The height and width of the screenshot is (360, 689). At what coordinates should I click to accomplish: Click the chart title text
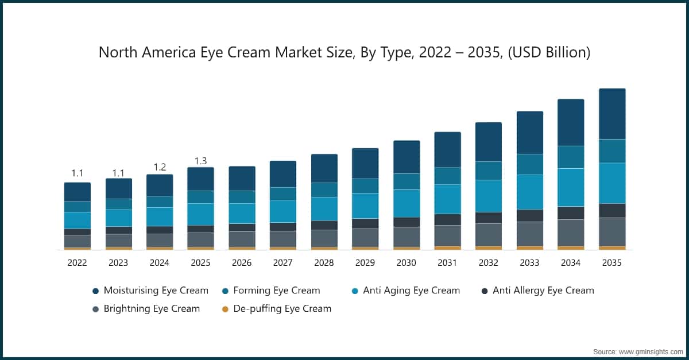tap(344, 52)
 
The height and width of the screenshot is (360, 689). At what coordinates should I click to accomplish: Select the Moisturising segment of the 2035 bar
tap(612, 114)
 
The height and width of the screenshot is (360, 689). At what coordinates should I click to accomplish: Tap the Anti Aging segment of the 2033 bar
tap(529, 192)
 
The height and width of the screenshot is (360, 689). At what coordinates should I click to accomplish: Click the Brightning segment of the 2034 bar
tap(571, 233)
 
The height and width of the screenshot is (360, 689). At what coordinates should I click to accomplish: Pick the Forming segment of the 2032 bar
tap(488, 171)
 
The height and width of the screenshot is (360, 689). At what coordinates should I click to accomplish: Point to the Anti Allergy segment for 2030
tap(407, 222)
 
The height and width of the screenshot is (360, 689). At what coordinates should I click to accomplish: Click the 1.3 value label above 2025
tap(200, 161)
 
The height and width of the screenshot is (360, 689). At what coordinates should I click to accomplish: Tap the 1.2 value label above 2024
tap(159, 167)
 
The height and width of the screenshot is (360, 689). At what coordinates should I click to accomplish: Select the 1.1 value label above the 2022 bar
tap(77, 173)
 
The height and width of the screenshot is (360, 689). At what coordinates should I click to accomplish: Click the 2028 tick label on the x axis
tap(324, 263)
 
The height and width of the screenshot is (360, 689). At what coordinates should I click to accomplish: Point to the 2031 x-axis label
tap(447, 263)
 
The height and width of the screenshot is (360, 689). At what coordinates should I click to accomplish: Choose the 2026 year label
tap(241, 263)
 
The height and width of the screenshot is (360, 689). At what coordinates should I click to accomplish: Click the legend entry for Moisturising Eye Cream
tap(156, 291)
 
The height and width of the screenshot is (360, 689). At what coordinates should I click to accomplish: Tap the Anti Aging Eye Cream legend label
tap(411, 291)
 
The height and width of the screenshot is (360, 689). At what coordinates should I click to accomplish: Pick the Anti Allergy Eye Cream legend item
tap(543, 291)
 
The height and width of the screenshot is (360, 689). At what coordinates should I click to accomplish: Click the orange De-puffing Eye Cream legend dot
tap(225, 309)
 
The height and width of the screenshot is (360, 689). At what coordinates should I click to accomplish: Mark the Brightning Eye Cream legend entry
tap(152, 309)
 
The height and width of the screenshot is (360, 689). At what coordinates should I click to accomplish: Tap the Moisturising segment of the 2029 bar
tap(365, 163)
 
